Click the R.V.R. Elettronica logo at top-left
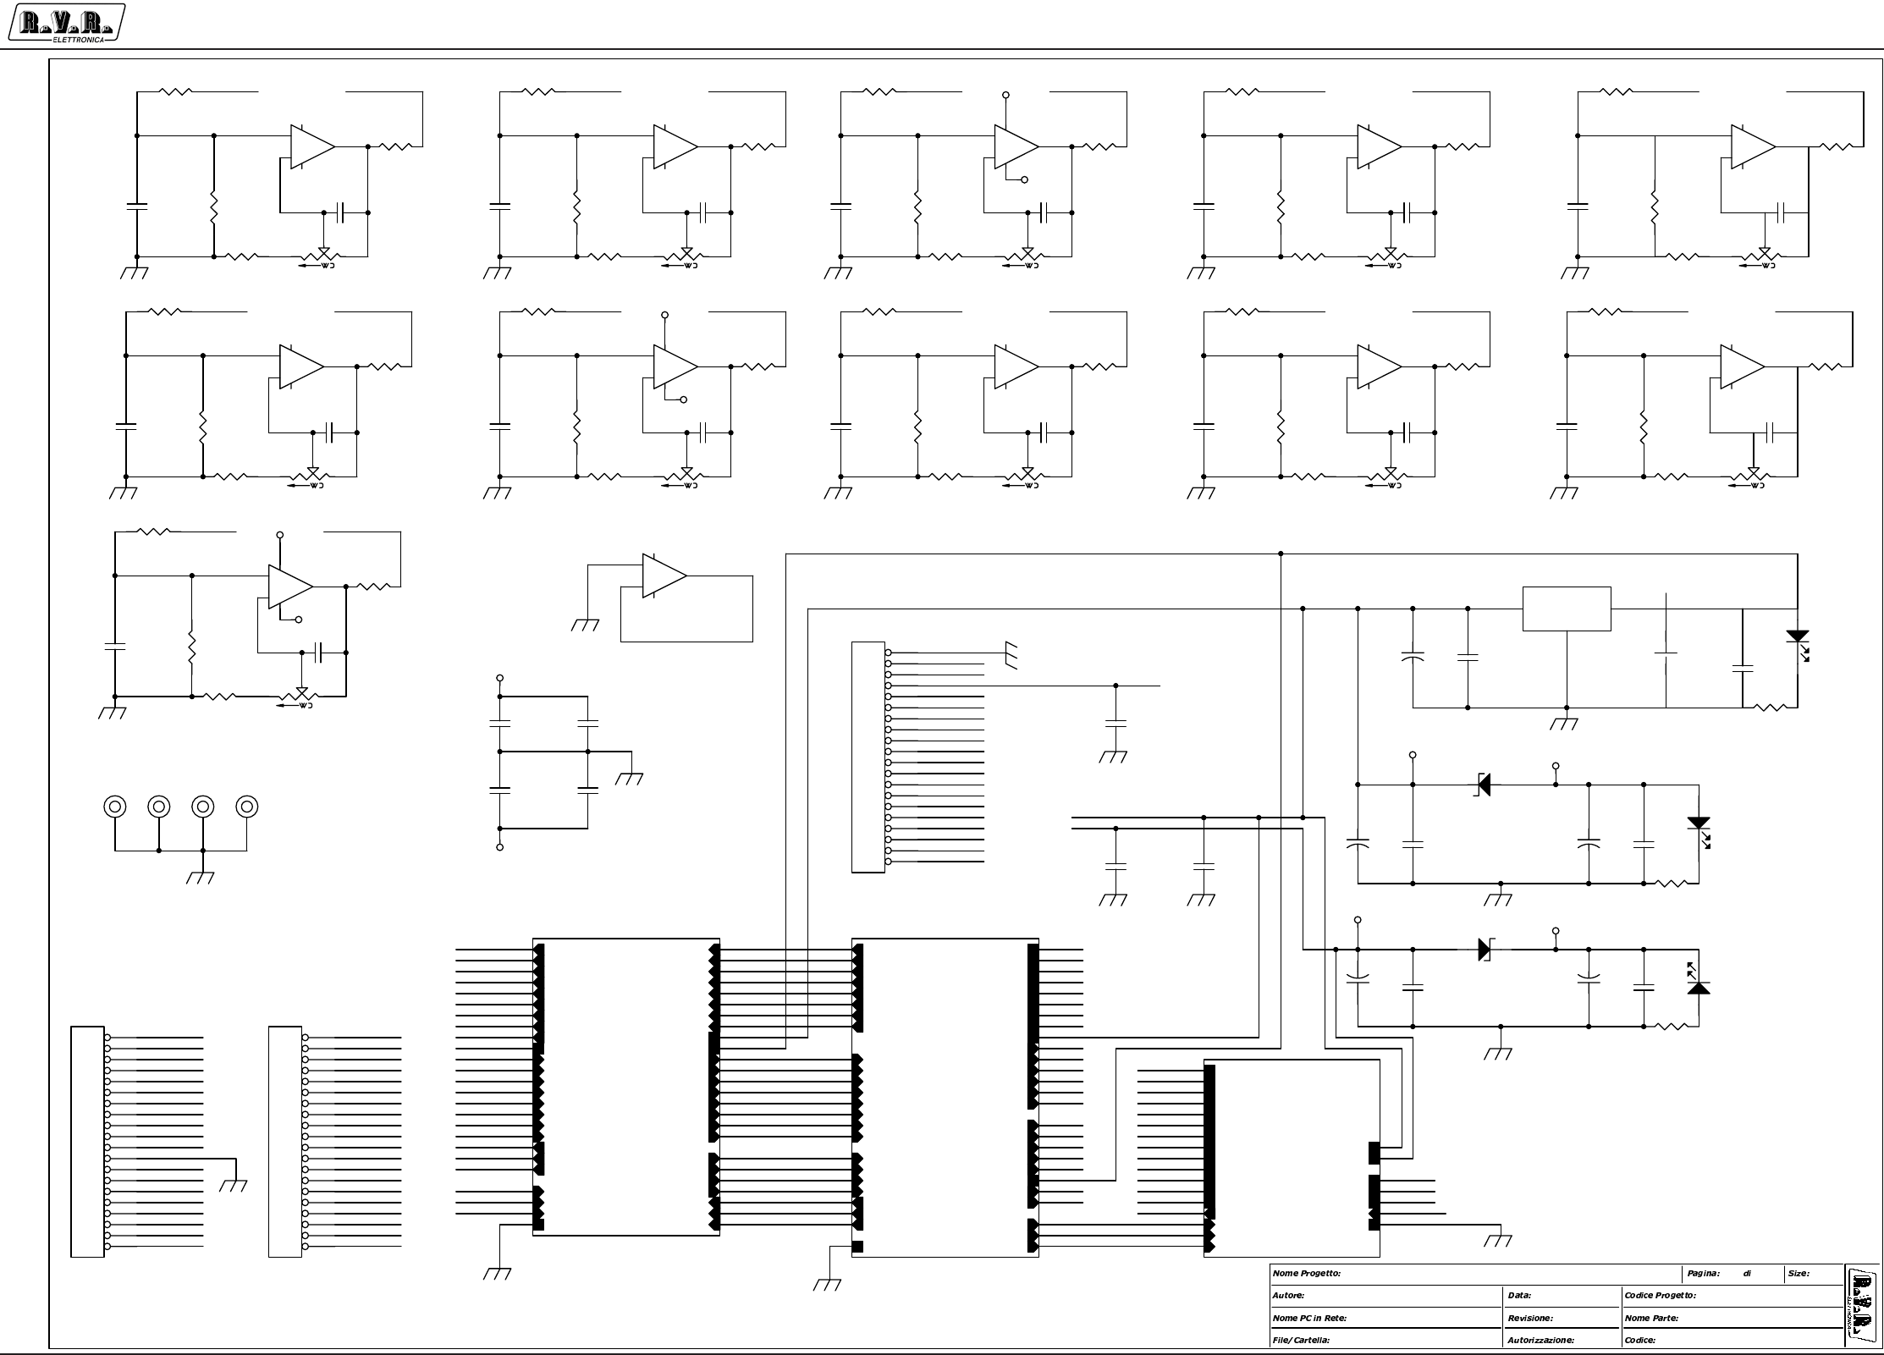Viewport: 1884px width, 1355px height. (66, 24)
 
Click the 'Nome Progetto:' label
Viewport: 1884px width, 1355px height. (1306, 1273)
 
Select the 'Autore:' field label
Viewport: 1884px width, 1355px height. (1288, 1295)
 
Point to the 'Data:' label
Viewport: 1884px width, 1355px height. (1519, 1295)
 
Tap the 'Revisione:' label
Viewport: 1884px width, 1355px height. (1530, 1318)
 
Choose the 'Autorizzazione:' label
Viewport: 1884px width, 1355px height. (1540, 1340)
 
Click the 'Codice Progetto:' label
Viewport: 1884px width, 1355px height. (1660, 1295)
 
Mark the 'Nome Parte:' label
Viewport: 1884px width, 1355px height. (1651, 1318)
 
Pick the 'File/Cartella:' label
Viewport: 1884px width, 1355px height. (1301, 1340)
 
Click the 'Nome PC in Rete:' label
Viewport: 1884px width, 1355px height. (1309, 1318)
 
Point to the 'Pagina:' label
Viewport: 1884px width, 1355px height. (1703, 1273)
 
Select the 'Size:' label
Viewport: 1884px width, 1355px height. (1799, 1273)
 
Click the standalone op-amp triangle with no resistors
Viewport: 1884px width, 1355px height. (663, 576)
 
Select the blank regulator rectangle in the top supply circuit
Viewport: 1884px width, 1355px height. (1566, 609)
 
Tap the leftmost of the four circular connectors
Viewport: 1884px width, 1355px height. (115, 807)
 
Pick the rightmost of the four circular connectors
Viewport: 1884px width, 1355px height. (246, 807)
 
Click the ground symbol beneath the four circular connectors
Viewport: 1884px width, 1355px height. (201, 877)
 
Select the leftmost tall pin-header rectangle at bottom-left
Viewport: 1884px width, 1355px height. (87, 1141)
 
